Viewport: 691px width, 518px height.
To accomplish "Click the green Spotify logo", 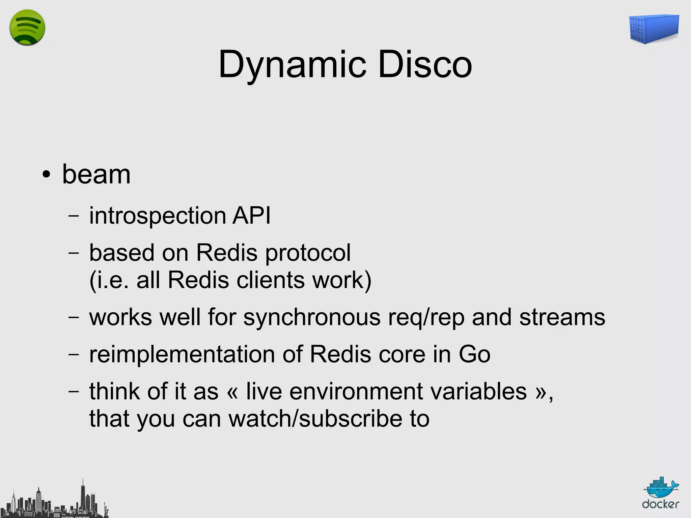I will tap(27, 27).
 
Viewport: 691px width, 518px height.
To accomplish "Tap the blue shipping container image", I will tap(654, 29).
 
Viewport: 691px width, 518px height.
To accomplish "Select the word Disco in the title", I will tap(425, 64).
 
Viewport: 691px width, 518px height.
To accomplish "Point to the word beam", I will tap(96, 174).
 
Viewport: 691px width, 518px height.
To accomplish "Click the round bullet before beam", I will tap(46, 175).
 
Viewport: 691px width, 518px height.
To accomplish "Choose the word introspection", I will tap(158, 216).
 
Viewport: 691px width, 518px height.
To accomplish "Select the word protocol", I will tap(308, 253).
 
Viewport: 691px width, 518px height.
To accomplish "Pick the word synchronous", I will tap(312, 318).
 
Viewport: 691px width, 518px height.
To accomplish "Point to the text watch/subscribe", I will tap(315, 419).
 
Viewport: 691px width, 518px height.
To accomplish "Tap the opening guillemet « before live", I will tap(232, 392).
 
